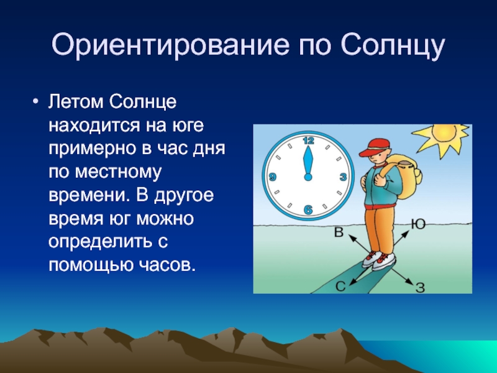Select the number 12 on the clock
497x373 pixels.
tap(308, 140)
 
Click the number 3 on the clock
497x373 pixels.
tap(343, 177)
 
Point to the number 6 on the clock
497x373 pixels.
tap(308, 210)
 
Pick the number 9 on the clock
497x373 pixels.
tap(272, 177)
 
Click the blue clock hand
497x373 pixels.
tap(308, 163)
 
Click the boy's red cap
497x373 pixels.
tap(375, 147)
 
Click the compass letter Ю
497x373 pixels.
tap(418, 224)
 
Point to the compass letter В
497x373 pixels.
tap(339, 232)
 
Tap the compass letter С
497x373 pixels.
tap(340, 287)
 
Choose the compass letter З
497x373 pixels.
tap(420, 288)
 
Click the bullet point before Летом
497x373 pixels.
tap(35, 102)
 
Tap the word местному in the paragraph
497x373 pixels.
tap(118, 172)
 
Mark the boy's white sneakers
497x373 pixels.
tap(380, 260)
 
